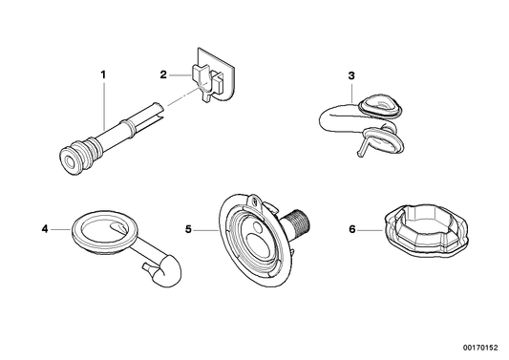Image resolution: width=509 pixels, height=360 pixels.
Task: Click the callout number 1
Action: tap(105, 74)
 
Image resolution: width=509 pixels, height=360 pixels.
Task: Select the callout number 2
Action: tap(163, 73)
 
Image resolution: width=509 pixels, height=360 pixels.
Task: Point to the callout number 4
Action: tap(44, 228)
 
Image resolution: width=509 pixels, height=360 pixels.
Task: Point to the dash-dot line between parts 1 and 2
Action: tap(181, 102)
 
